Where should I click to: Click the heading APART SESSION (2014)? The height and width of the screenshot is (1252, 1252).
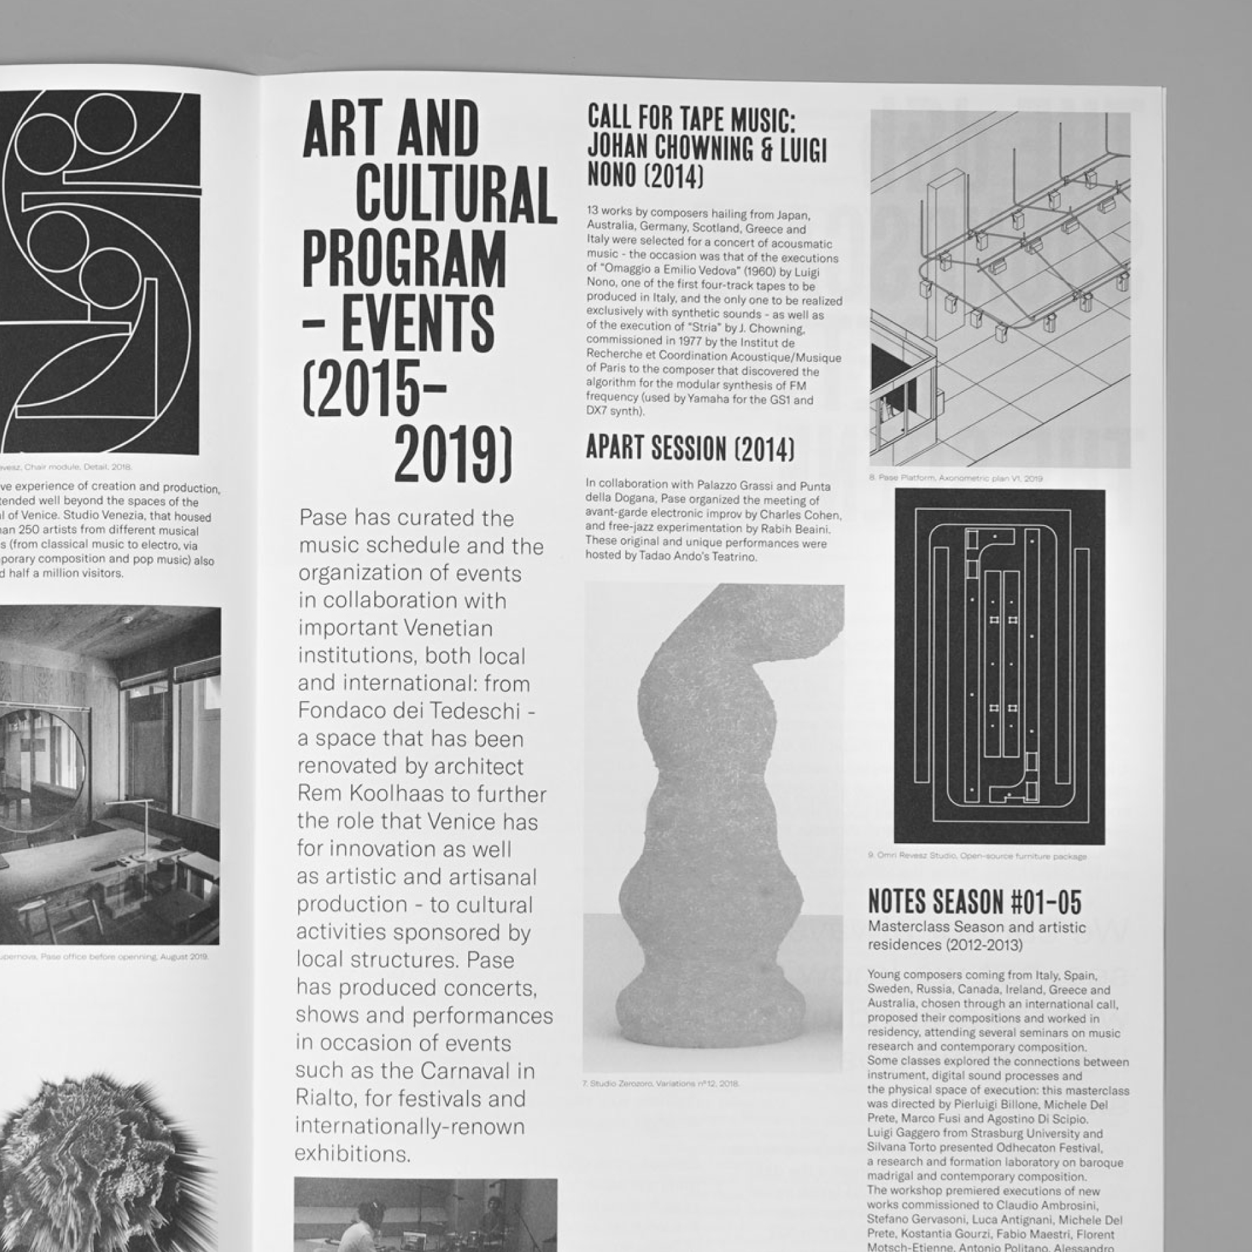tap(690, 449)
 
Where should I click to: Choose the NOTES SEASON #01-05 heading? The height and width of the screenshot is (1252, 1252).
tap(974, 902)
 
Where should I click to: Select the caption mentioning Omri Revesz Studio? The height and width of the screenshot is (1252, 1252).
tap(977, 856)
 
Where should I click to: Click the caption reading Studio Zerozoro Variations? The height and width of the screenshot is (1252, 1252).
tap(660, 1084)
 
